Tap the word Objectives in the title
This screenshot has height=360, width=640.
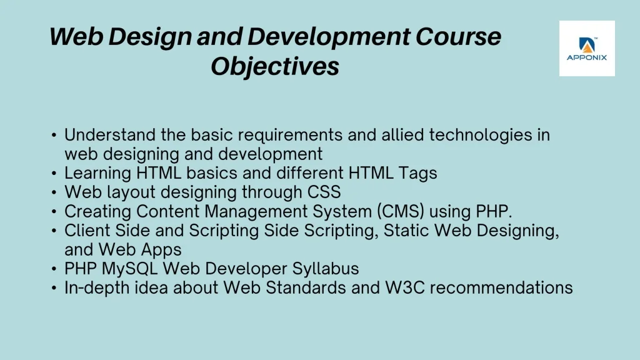[x=275, y=66]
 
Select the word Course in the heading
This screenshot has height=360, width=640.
[x=458, y=36]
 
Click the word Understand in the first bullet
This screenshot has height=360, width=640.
[x=110, y=135]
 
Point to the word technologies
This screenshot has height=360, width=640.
[x=481, y=135]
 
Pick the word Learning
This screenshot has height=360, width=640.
[x=97, y=173]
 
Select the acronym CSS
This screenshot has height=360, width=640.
[x=324, y=192]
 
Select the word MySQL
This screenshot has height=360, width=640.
[x=129, y=269]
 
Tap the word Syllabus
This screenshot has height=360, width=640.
[x=325, y=269]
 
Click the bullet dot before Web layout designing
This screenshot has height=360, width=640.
[x=54, y=192]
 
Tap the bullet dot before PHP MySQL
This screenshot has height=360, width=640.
[x=54, y=269]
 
